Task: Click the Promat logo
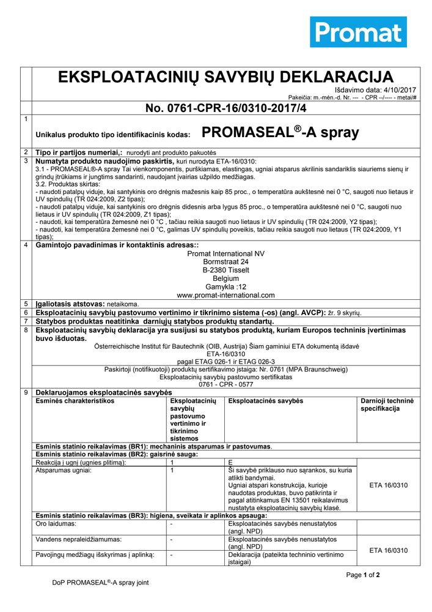click(358, 32)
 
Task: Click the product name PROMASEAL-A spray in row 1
click(280, 133)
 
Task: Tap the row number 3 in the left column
click(26, 160)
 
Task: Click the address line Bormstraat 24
click(225, 262)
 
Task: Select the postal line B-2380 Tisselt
click(225, 270)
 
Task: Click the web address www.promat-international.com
click(225, 294)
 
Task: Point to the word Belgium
click(225, 278)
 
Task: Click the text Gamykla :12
click(225, 286)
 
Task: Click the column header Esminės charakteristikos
click(75, 401)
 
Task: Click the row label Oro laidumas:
click(56, 524)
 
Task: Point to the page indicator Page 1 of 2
click(363, 575)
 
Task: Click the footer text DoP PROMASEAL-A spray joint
click(100, 583)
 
